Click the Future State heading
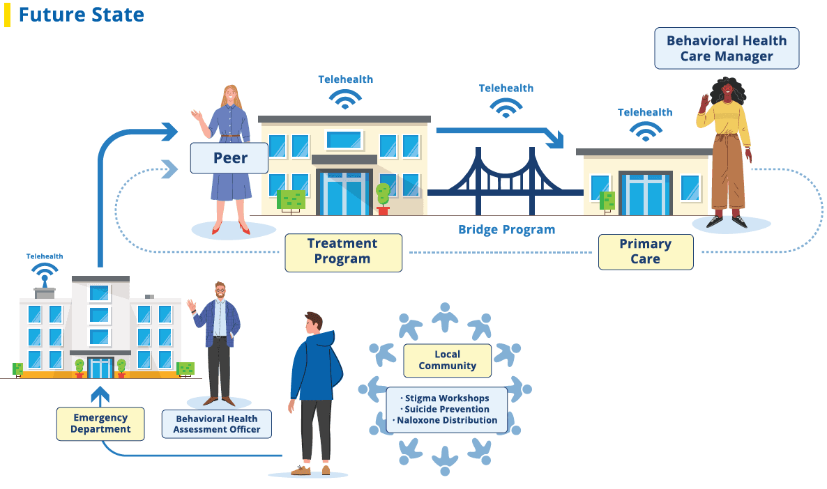(81, 15)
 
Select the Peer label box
(229, 158)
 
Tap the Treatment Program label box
(343, 251)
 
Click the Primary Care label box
(645, 251)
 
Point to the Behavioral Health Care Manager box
(726, 48)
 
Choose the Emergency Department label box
(100, 424)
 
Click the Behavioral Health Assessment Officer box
(216, 424)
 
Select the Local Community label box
(447, 360)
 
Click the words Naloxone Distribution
(448, 420)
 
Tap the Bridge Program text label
(506, 229)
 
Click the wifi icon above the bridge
(506, 107)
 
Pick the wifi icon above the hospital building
(45, 271)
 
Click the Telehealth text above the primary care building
(645, 112)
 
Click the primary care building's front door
(645, 194)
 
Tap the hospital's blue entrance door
(100, 367)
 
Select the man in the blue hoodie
(314, 390)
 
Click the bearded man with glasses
(218, 341)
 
